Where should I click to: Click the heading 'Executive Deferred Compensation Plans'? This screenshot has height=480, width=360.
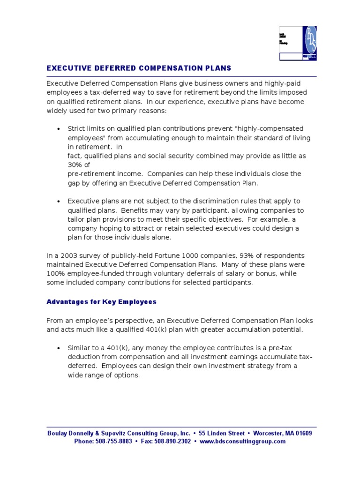[x=139, y=68]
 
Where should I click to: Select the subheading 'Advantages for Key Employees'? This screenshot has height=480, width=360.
[x=101, y=302]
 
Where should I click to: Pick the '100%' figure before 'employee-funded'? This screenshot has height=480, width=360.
[x=54, y=274]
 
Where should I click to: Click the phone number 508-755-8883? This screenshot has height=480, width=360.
[x=112, y=442]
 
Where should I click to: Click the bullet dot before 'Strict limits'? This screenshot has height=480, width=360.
[x=58, y=129]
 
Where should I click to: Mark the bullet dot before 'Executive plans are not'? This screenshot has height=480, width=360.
[x=58, y=202]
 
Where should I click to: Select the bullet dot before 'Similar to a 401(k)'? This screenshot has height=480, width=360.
[x=58, y=349]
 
